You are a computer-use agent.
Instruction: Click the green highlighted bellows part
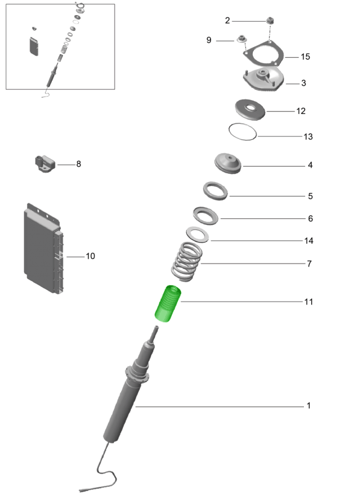(x=168, y=303)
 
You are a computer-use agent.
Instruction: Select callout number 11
(x=309, y=302)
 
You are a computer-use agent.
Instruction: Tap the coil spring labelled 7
(x=187, y=262)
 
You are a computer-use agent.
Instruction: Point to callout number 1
(x=309, y=405)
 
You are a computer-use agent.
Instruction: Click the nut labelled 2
(x=270, y=21)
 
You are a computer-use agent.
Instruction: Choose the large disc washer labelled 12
(x=250, y=110)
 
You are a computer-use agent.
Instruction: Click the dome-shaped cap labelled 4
(x=227, y=163)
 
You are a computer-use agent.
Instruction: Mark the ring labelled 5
(x=215, y=191)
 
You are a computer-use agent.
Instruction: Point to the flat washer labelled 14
(x=197, y=235)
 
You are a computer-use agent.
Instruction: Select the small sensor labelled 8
(x=45, y=163)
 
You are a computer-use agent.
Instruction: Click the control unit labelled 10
(x=43, y=249)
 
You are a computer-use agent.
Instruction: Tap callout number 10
(x=90, y=256)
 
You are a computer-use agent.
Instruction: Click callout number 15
(x=305, y=57)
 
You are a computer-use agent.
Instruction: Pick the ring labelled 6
(x=206, y=216)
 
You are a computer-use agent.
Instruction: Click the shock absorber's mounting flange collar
(x=137, y=375)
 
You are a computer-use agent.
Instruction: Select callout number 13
(x=308, y=136)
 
